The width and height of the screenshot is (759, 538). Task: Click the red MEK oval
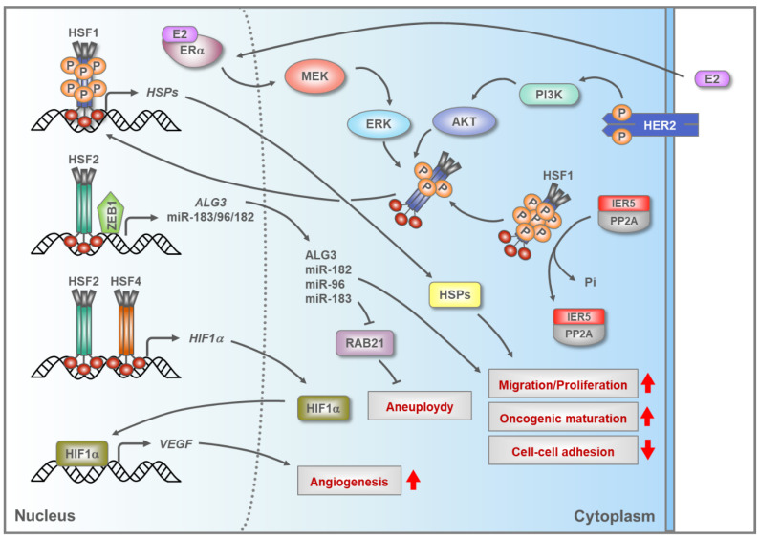pyautogui.click(x=314, y=76)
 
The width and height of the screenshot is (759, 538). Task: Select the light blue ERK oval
pyautogui.click(x=379, y=124)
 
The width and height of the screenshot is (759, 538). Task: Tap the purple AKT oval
pyautogui.click(x=465, y=121)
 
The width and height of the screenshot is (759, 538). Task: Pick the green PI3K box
pyautogui.click(x=549, y=95)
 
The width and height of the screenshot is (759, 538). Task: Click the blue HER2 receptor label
pyautogui.click(x=660, y=126)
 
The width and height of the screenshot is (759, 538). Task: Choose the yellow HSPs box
pyautogui.click(x=454, y=294)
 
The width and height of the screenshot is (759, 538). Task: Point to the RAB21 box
pyautogui.click(x=364, y=343)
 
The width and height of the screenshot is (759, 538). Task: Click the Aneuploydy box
pyautogui.click(x=420, y=406)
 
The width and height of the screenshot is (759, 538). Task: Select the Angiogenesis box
pyautogui.click(x=349, y=481)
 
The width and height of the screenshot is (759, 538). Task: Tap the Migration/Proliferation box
pyautogui.click(x=563, y=385)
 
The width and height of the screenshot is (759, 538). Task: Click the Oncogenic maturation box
pyautogui.click(x=563, y=418)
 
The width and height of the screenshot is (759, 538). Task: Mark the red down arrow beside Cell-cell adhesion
pyautogui.click(x=648, y=450)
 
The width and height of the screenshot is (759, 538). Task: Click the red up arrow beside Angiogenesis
pyautogui.click(x=413, y=480)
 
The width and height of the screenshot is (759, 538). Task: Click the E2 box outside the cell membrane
pyautogui.click(x=712, y=79)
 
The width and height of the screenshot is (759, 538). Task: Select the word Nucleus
pyautogui.click(x=45, y=515)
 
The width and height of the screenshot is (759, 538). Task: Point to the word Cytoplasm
pyautogui.click(x=615, y=516)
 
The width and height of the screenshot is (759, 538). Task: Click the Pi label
pyautogui.click(x=590, y=282)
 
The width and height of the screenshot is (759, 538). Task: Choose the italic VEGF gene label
pyautogui.click(x=176, y=443)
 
